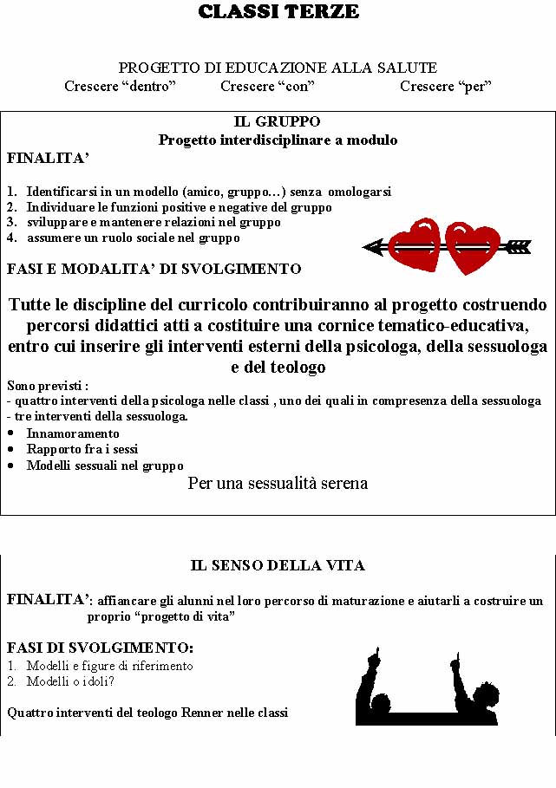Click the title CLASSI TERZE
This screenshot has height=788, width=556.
pyautogui.click(x=278, y=12)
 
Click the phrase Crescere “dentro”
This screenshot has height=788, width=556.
pyautogui.click(x=120, y=86)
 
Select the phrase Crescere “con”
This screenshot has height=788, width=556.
pyautogui.click(x=267, y=86)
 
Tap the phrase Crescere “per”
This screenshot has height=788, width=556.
pyautogui.click(x=446, y=86)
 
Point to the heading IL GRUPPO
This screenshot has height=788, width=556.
pyautogui.click(x=278, y=122)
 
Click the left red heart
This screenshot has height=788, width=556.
pyautogui.click(x=414, y=245)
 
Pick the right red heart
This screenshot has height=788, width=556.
pyautogui.click(x=473, y=247)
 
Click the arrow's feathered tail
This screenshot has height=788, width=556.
pyautogui.click(x=518, y=247)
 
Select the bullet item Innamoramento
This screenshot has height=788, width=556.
pyautogui.click(x=73, y=433)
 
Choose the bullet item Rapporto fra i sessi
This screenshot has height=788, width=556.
pyautogui.click(x=82, y=449)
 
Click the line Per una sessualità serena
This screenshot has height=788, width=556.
pyautogui.click(x=278, y=484)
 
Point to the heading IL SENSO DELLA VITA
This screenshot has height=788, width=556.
pyautogui.click(x=278, y=565)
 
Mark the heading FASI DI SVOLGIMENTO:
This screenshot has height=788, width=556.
pyautogui.click(x=100, y=648)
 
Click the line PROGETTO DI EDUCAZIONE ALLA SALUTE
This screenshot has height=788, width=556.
pyautogui.click(x=278, y=68)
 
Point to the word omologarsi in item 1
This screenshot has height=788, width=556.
pyautogui.click(x=360, y=192)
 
